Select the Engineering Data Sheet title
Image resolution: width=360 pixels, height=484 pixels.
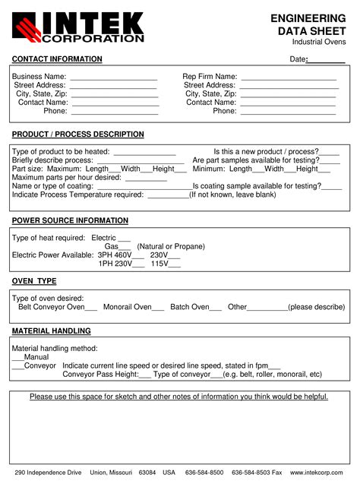310,24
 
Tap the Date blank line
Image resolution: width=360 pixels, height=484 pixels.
326,62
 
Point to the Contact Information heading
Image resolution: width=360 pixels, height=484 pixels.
57,59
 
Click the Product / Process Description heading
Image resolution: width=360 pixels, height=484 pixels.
77,134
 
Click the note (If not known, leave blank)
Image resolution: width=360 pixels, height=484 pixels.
232,195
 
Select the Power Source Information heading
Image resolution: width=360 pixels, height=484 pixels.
70,220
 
